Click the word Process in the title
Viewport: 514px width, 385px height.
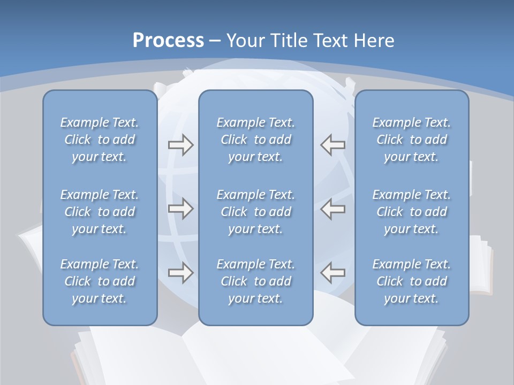click(168, 41)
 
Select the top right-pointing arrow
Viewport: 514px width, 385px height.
click(180, 145)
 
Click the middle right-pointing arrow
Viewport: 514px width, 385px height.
click(180, 209)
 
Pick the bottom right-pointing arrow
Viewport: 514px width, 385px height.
click(180, 273)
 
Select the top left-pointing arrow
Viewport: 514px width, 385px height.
click(332, 145)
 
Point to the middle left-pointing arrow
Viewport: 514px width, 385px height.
click(332, 209)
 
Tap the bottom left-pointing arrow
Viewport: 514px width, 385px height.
click(332, 273)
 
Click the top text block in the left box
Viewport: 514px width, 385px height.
click(100, 140)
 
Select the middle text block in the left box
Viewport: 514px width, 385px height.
click(100, 212)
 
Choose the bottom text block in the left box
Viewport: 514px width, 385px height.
click(100, 281)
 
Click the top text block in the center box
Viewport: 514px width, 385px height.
click(256, 140)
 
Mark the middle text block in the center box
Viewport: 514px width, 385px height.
click(256, 212)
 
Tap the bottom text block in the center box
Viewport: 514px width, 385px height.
click(256, 281)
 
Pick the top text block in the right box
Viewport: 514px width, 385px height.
click(412, 140)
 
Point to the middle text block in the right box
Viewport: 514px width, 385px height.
click(412, 212)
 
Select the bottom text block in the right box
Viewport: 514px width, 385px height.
click(412, 281)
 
